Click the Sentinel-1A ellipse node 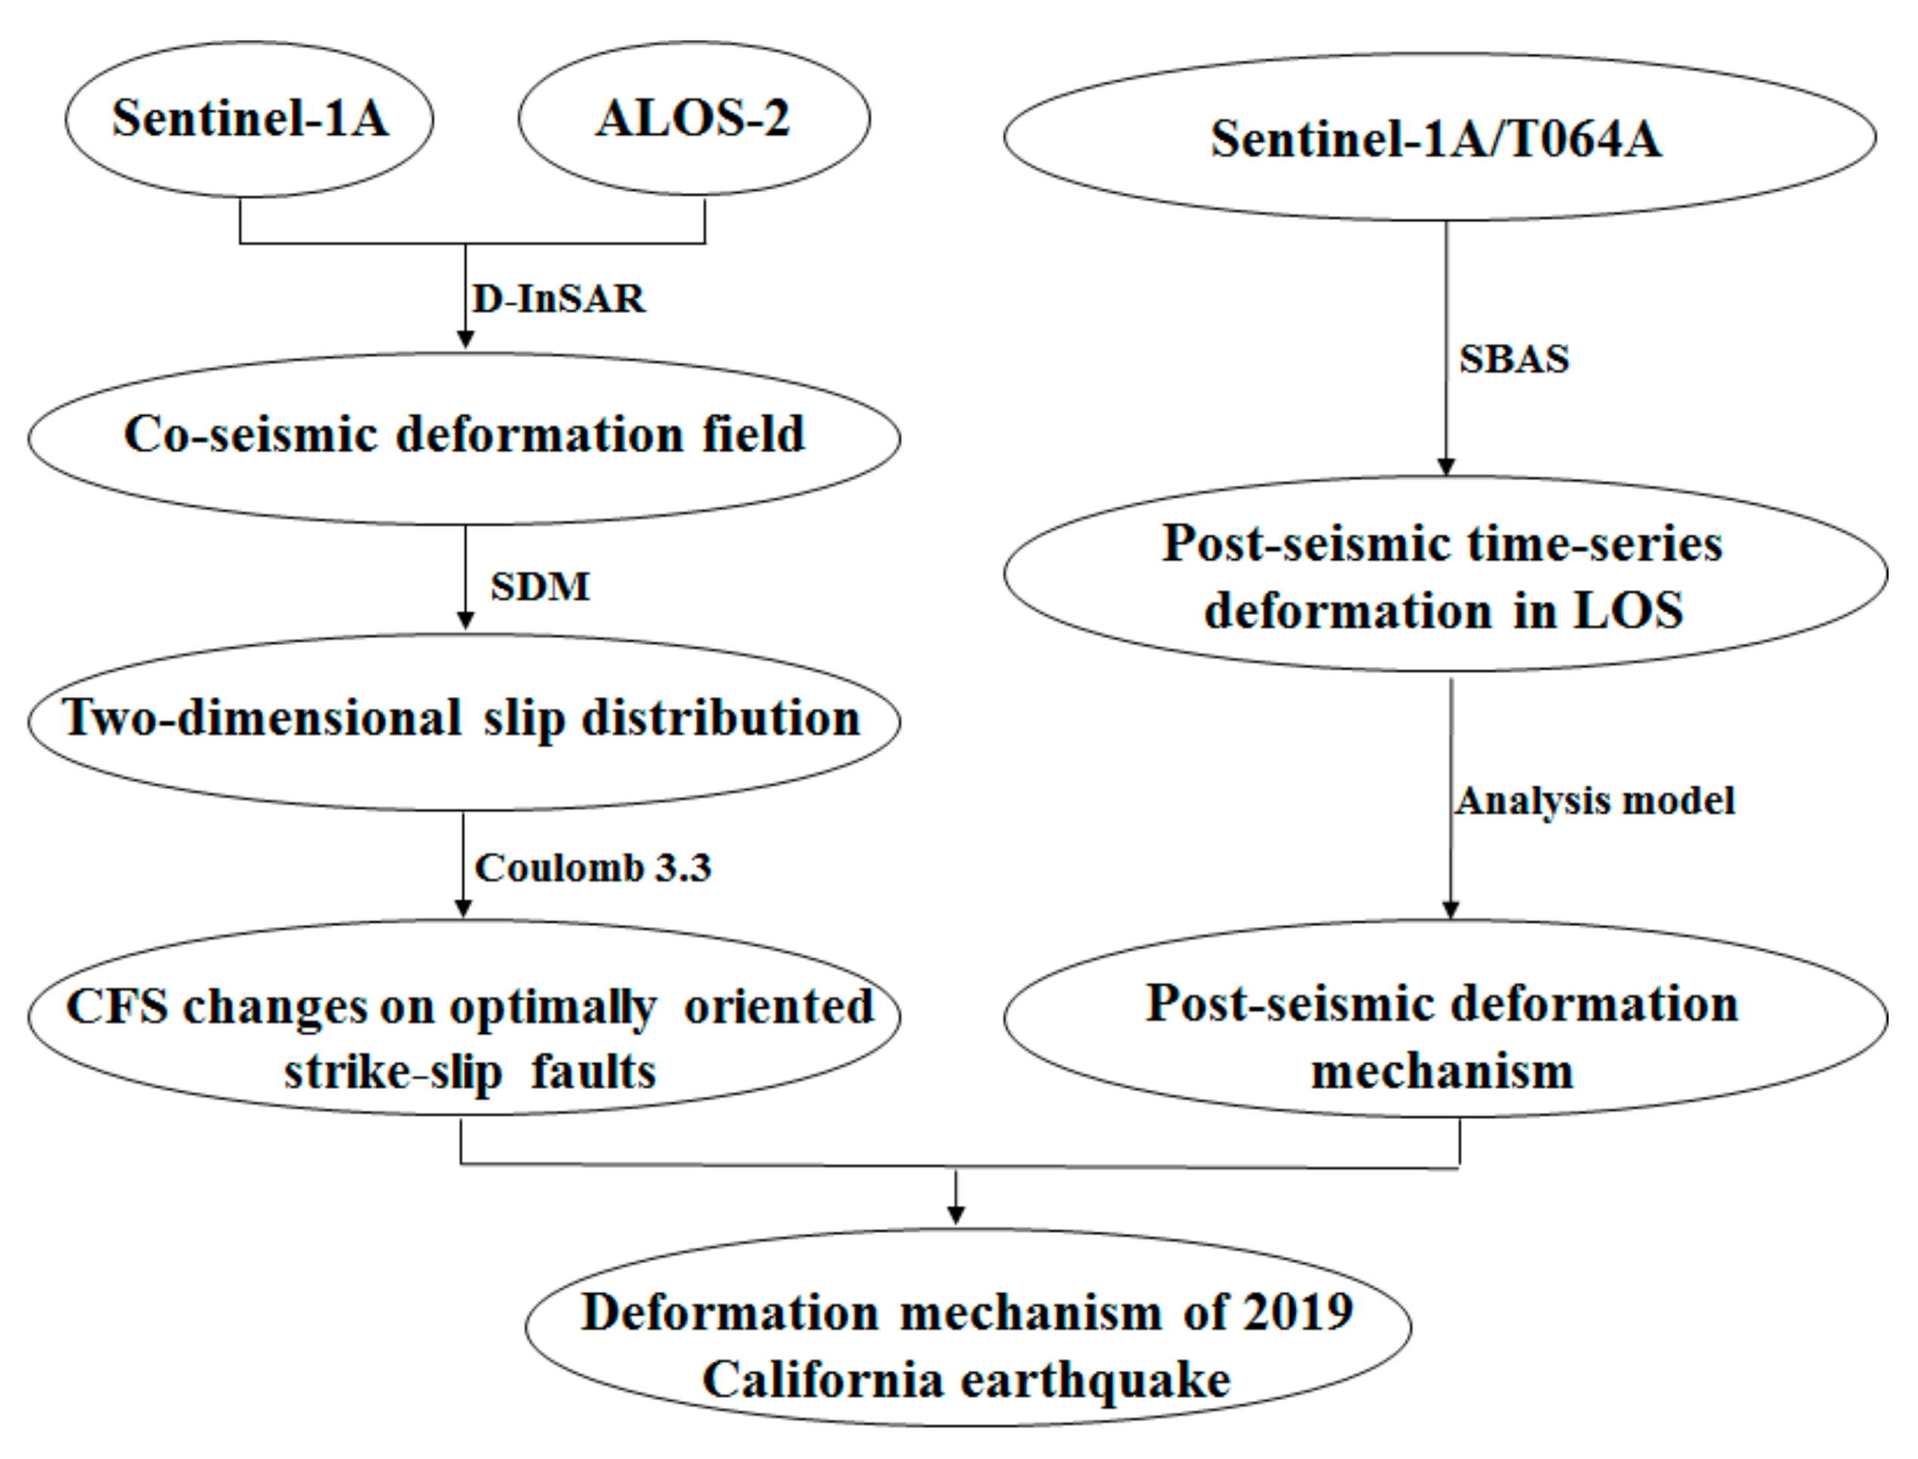(x=250, y=118)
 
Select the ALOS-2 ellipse (x=693, y=118)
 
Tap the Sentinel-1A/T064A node (x=1438, y=138)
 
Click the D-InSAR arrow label (x=559, y=298)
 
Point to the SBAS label (x=1514, y=359)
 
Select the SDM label (x=540, y=586)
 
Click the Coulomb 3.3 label (x=593, y=867)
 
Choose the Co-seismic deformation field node (x=464, y=435)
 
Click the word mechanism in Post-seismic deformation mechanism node (x=1442, y=1071)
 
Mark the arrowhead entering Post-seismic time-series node (x=1445, y=466)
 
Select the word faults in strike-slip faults (x=593, y=1071)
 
